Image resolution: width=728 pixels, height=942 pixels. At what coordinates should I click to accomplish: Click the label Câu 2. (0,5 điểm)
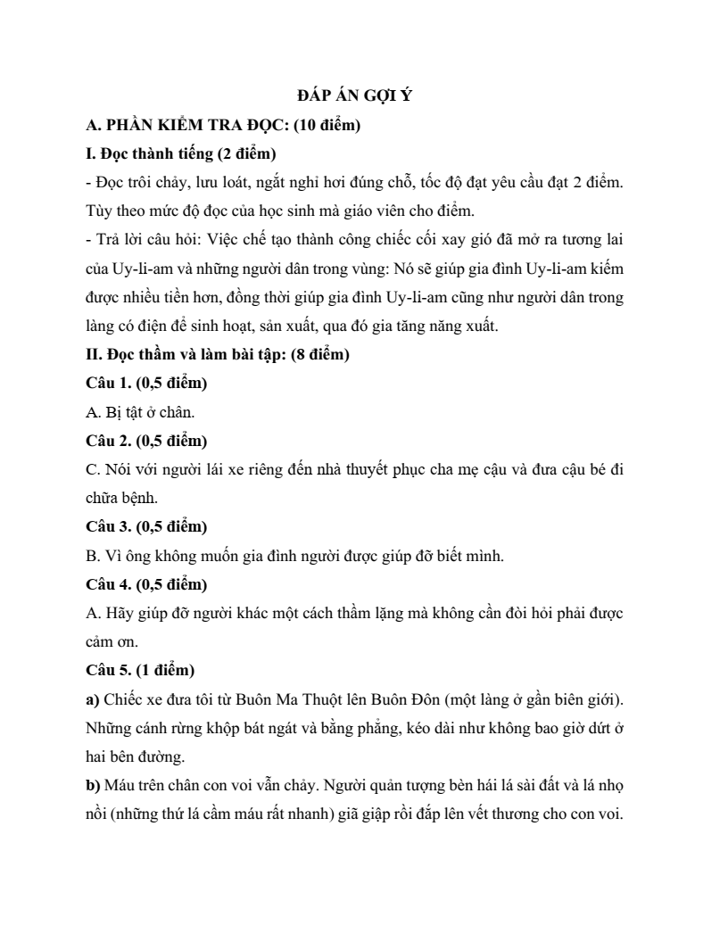click(146, 441)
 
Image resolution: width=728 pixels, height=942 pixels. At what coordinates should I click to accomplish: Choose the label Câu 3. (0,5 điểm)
click(146, 527)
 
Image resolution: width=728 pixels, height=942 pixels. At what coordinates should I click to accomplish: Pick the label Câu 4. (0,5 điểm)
click(146, 584)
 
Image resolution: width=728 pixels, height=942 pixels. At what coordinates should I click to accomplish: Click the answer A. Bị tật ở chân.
click(140, 412)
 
